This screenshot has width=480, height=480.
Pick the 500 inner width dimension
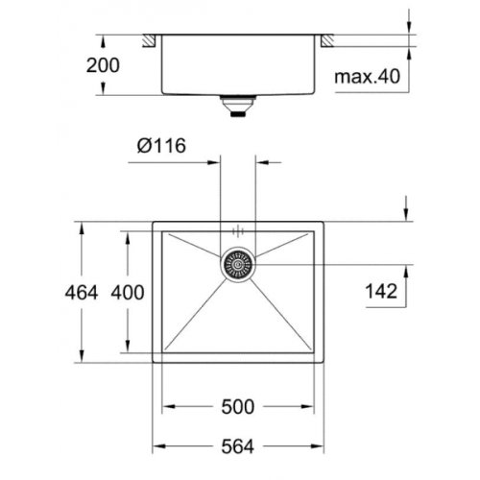point(238,406)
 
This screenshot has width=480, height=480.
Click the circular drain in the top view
point(238,263)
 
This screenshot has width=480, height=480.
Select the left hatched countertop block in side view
point(150,40)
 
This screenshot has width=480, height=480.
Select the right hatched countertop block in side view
point(327,40)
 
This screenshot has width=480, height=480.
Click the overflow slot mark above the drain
point(238,231)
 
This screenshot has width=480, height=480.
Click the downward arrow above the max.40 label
point(407,28)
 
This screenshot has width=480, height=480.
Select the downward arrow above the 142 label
point(407,213)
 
